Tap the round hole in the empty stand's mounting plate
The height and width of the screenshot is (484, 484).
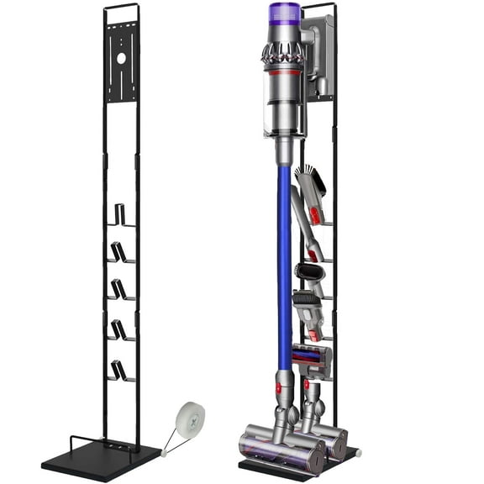click(121, 60)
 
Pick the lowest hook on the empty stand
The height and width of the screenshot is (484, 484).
click(121, 371)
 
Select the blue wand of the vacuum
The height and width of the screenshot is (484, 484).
click(283, 252)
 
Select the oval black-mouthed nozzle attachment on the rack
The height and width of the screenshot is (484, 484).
click(308, 274)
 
